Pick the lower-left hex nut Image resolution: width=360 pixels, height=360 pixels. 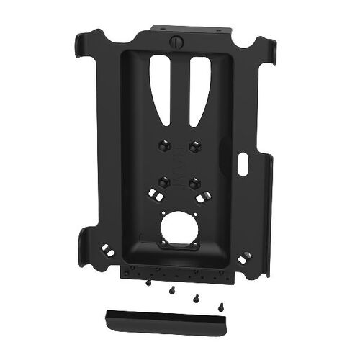point(164,181)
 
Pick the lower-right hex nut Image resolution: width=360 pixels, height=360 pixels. point(194,182)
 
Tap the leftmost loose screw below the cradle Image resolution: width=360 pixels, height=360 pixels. point(148,283)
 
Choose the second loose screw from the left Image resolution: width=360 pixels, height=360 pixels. point(171,291)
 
